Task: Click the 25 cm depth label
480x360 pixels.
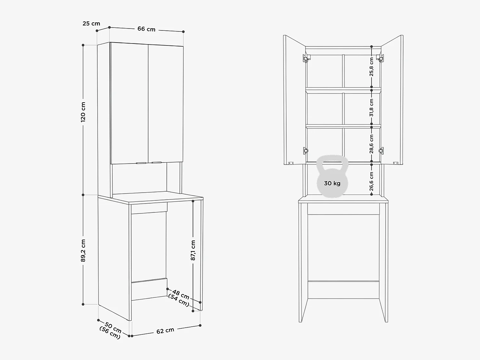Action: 91,23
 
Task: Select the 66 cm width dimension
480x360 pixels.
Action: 146,29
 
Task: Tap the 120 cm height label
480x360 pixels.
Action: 83,112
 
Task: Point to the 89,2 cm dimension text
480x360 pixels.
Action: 83,250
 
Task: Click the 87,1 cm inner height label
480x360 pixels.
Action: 193,250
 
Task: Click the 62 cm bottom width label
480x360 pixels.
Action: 165,331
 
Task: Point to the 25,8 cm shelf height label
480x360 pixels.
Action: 372,67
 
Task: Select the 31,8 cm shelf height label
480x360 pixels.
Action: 372,108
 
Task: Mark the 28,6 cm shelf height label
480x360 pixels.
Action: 372,144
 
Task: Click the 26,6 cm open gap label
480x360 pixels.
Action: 372,181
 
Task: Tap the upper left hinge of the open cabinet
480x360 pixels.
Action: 307,58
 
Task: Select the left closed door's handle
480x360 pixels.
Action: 140,163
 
